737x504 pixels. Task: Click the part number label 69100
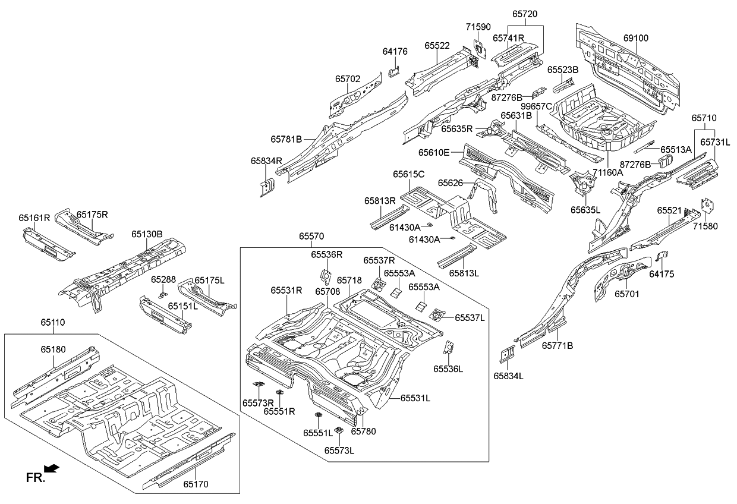coord(635,38)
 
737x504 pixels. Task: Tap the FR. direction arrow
coord(52,469)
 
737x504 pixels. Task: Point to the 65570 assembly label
coord(311,237)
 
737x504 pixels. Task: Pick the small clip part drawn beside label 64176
coord(393,72)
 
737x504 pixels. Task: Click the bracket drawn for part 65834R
coord(267,185)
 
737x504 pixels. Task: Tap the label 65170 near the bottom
coord(196,484)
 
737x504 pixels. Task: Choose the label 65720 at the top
coord(526,12)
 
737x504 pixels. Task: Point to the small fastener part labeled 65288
coord(162,294)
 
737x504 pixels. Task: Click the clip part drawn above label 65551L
coord(318,415)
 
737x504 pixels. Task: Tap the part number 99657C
coord(537,106)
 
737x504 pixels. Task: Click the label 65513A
coord(676,150)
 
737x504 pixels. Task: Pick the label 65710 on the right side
coord(704,118)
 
